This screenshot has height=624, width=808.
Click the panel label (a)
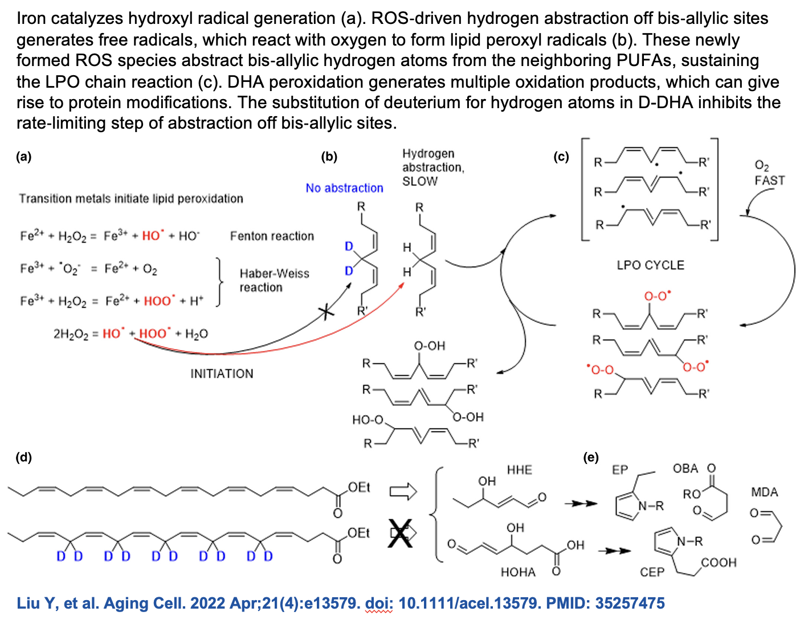(x=23, y=157)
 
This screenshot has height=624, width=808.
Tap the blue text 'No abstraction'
(x=344, y=188)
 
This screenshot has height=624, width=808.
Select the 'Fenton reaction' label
(x=272, y=236)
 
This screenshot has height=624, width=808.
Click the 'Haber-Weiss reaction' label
(x=275, y=281)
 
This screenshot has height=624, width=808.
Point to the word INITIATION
(x=222, y=373)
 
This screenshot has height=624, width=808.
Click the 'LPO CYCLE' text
(x=650, y=265)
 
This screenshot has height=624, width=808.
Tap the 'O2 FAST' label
(x=769, y=173)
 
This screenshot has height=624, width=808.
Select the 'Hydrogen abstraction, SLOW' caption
(x=433, y=167)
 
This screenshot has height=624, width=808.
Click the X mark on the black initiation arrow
(x=326, y=313)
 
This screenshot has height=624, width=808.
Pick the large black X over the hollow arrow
(x=400, y=533)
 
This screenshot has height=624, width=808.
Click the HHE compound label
(x=520, y=470)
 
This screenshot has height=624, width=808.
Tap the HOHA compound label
(x=518, y=572)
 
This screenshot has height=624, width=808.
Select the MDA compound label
(x=765, y=492)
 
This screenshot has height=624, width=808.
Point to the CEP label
(x=652, y=572)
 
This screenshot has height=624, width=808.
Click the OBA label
(x=685, y=469)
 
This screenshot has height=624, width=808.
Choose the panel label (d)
(x=23, y=457)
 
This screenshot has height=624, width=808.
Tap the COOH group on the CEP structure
(x=719, y=563)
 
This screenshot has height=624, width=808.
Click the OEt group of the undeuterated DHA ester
(x=359, y=487)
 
